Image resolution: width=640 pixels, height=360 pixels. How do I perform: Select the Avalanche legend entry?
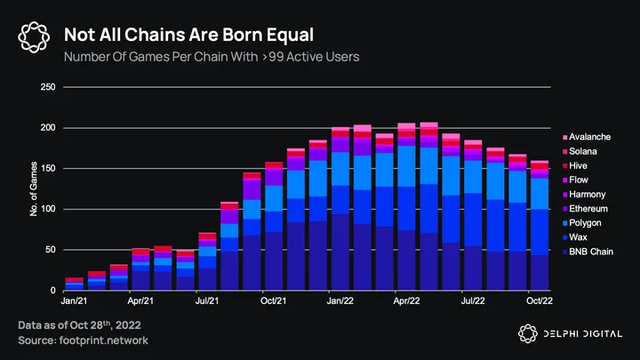(x=590, y=136)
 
